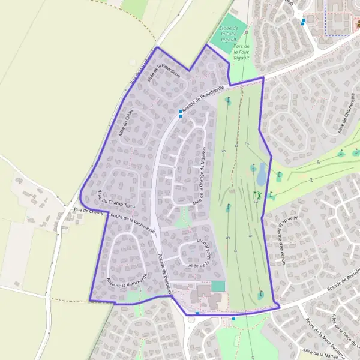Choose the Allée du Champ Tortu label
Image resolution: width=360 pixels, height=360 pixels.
pyautogui.click(x=115, y=200)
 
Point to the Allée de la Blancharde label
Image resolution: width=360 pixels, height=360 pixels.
pyautogui.click(x=127, y=277)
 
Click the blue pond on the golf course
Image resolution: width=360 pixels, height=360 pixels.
pyautogui.click(x=262, y=175)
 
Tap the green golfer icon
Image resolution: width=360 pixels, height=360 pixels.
pyautogui.click(x=256, y=195)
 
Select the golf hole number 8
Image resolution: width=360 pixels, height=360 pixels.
pyautogui.click(x=318, y=162)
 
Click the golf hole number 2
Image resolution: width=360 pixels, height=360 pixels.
pyautogui.click(x=311, y=179)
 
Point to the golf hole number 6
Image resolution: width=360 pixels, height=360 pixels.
pyautogui.click(x=223, y=151)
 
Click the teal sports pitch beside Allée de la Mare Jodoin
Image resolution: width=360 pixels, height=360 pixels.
pyautogui.click(x=218, y=287)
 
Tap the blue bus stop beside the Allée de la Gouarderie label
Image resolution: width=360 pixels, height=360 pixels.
pyautogui.click(x=180, y=112)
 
